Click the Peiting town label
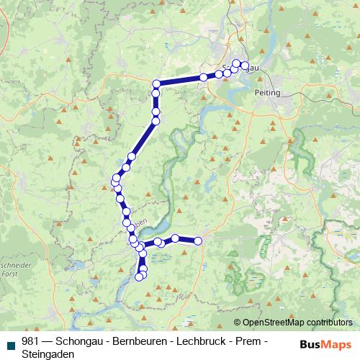267,93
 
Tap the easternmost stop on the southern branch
198,241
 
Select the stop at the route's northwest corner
156,84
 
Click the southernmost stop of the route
140,277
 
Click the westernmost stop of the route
115,179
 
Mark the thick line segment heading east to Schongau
180,80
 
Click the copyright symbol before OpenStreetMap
238,322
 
